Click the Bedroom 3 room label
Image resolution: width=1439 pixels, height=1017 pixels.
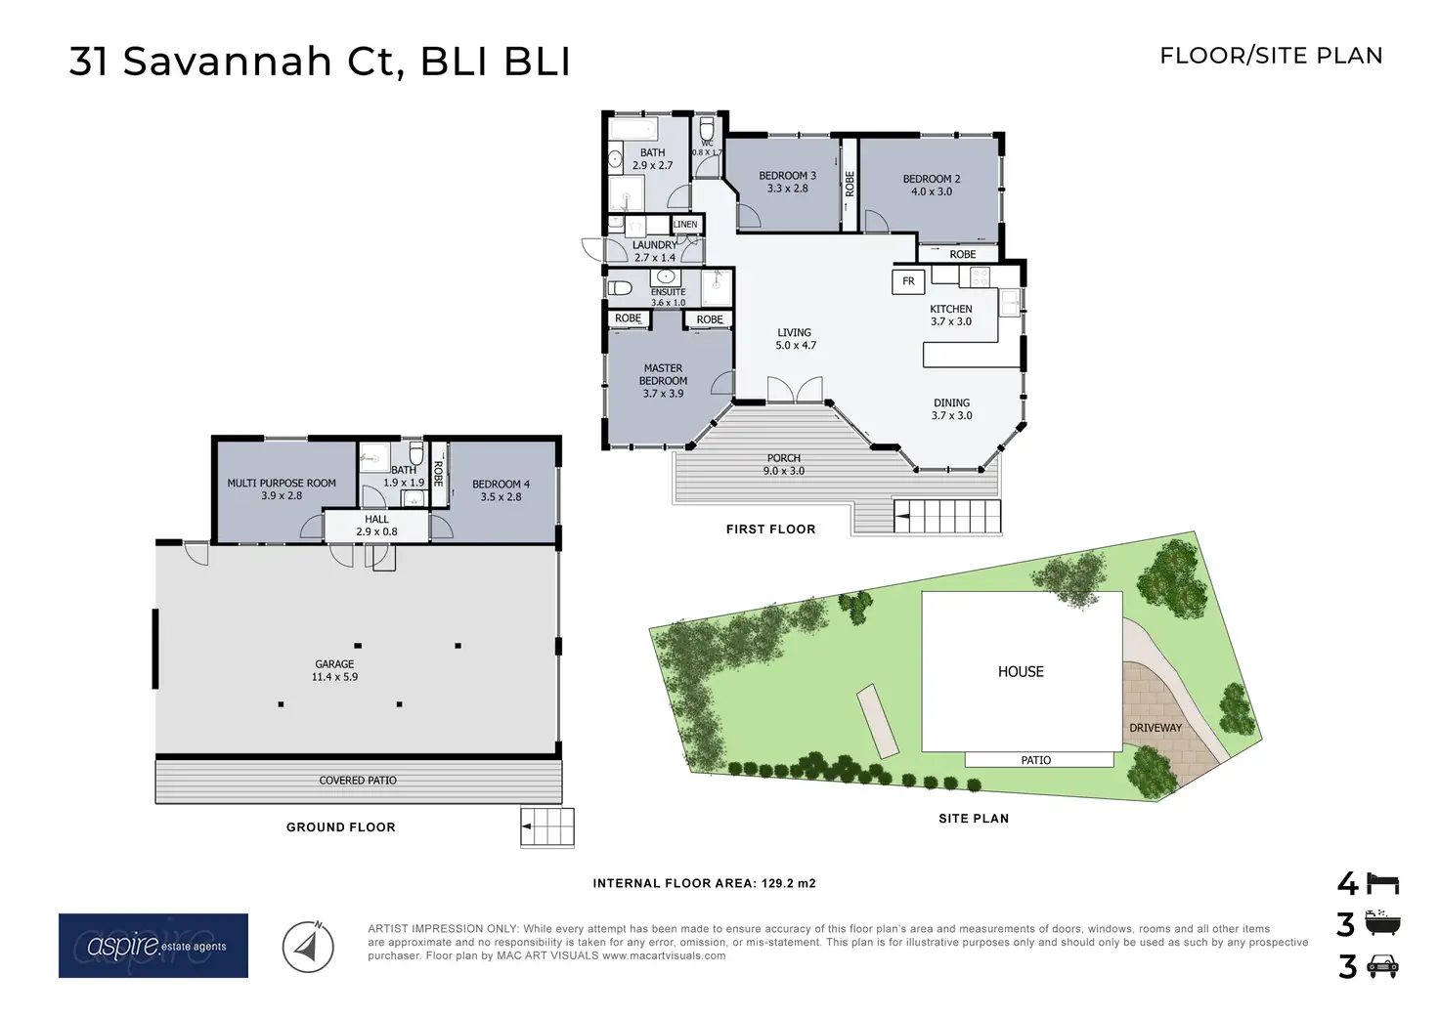[787, 183]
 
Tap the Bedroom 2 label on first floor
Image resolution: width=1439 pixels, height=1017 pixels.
[931, 186]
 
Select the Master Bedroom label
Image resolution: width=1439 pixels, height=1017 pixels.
[663, 381]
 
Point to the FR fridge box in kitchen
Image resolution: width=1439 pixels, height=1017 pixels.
[908, 281]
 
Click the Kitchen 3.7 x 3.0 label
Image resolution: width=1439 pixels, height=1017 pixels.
[950, 315]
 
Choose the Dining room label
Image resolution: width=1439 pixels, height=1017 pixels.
[951, 409]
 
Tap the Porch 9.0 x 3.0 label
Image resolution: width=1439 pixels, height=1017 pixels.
[784, 464]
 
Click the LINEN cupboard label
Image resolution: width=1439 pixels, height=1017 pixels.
[685, 225]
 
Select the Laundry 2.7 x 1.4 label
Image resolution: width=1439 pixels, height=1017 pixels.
[654, 251]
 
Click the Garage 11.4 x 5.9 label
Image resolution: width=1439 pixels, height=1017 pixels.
[334, 670]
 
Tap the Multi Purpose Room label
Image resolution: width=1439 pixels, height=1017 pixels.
[282, 489]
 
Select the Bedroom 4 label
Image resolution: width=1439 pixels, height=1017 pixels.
[501, 490]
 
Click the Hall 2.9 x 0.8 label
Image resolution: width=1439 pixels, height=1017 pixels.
[376, 526]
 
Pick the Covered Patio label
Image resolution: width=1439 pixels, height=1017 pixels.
[358, 781]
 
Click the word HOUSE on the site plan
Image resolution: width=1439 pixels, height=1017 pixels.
[1021, 672]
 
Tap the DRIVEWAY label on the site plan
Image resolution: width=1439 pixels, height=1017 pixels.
[1156, 728]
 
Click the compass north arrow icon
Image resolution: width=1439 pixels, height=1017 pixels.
[308, 946]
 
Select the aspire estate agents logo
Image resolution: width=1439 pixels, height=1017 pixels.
[153, 946]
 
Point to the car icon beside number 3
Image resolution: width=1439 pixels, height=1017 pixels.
[1381, 967]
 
